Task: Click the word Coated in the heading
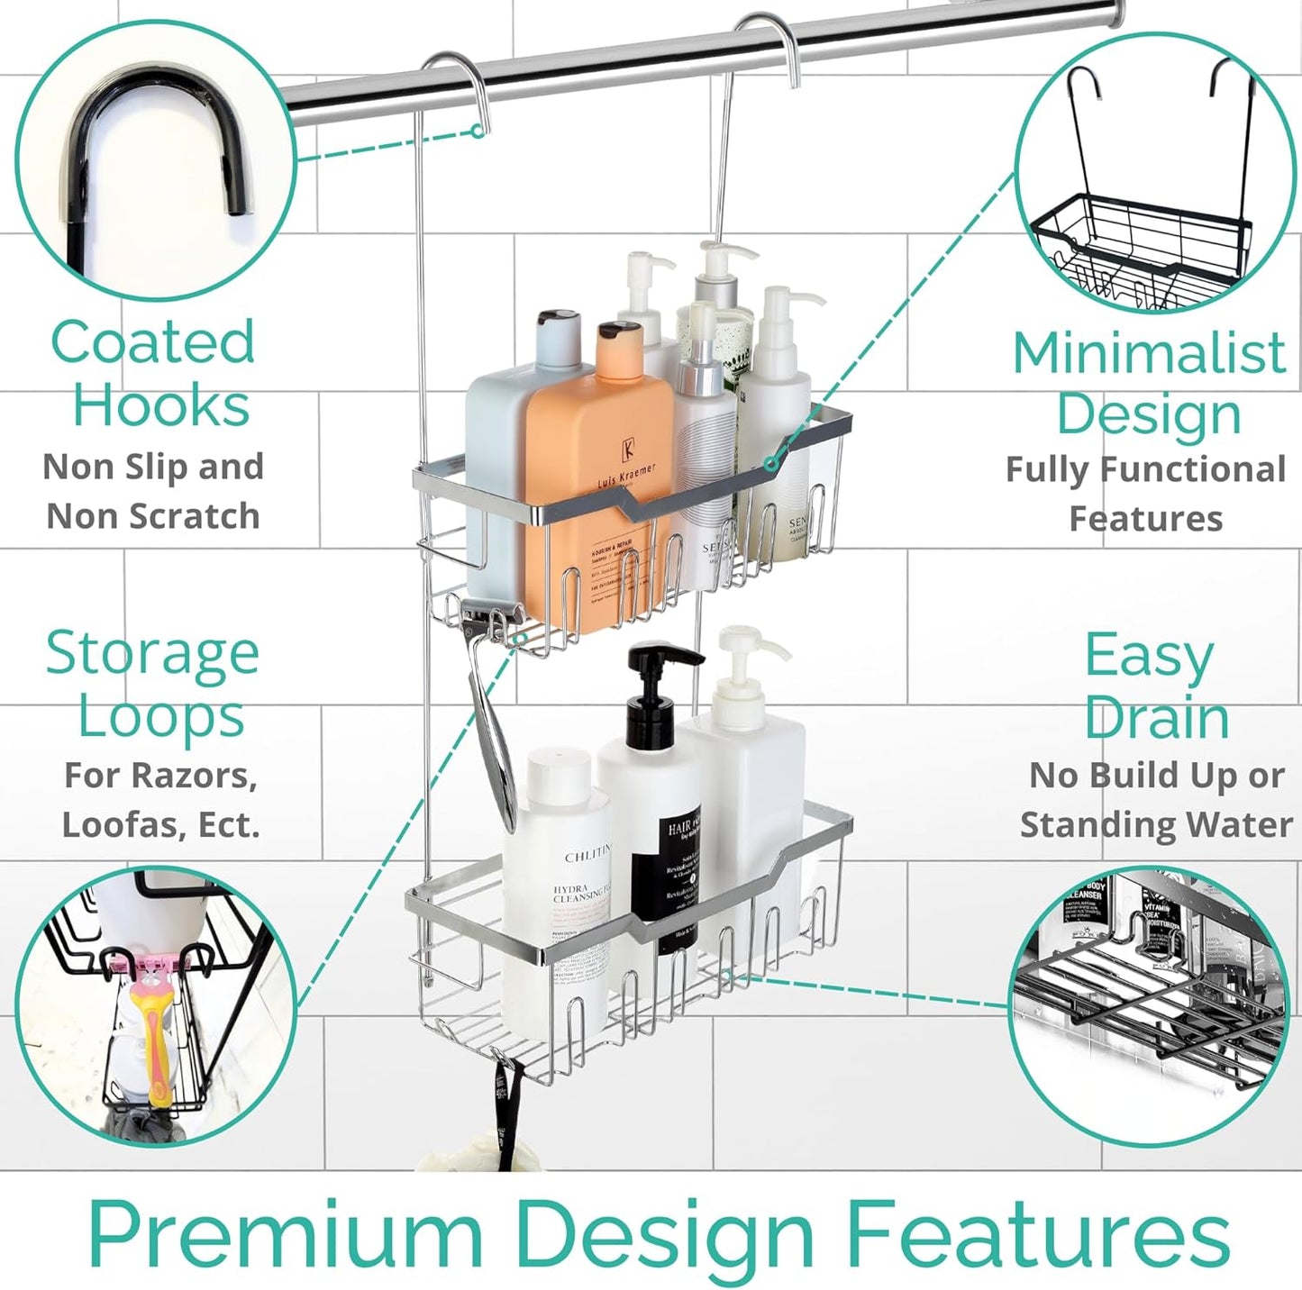point(152,343)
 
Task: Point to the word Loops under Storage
point(160,717)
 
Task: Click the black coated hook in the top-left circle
point(153,153)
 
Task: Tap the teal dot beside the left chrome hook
point(478,132)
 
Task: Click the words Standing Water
point(1156,824)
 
